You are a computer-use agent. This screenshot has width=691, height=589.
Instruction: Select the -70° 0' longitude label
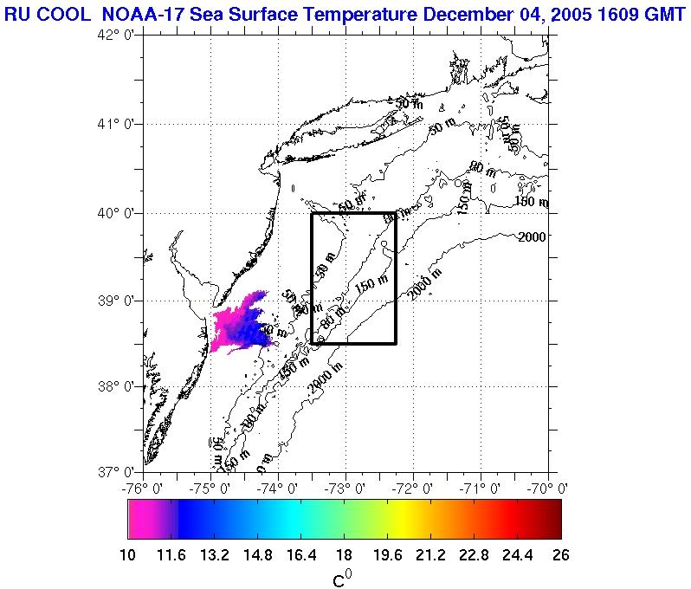tap(547, 488)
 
